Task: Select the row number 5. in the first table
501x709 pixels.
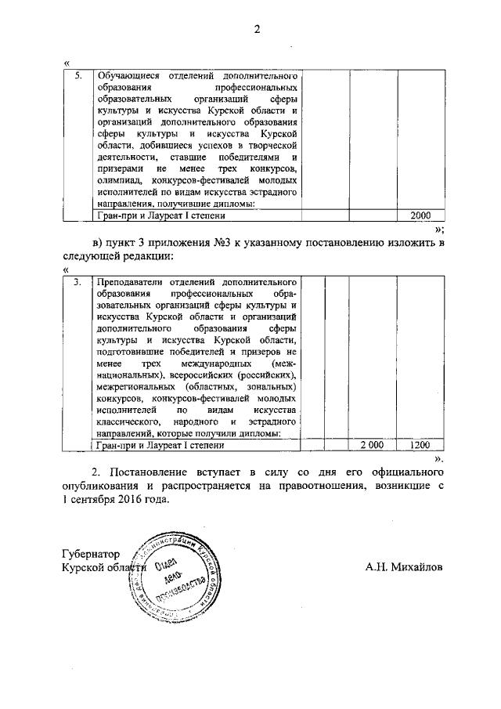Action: click(78, 77)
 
